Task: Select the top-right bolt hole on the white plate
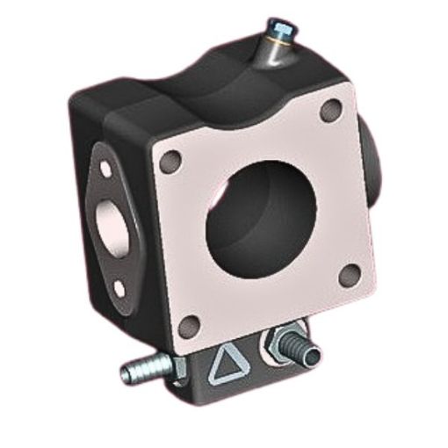331,111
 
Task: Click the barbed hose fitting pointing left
143,372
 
